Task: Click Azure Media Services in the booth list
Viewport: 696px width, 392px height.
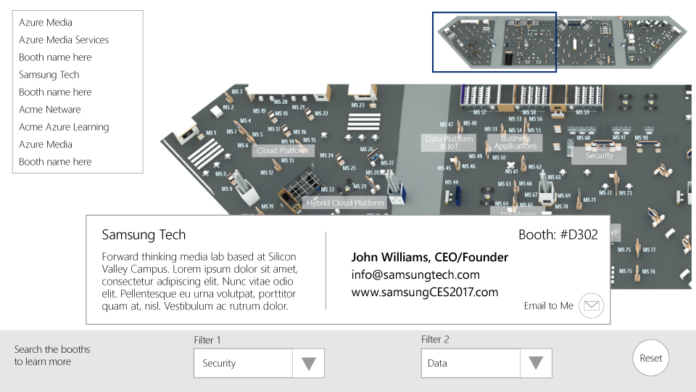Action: click(64, 40)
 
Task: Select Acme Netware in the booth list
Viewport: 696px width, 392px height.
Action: click(50, 110)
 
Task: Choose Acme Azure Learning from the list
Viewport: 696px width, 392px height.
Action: click(64, 127)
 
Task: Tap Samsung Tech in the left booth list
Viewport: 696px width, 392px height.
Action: click(49, 75)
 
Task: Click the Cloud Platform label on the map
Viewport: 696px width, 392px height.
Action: click(283, 151)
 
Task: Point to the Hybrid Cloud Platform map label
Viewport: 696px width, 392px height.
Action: click(345, 203)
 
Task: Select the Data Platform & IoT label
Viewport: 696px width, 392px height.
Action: click(449, 142)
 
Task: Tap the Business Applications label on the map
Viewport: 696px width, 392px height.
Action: click(515, 142)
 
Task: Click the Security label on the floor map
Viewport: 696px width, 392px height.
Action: click(600, 155)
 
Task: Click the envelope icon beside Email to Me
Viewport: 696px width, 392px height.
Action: click(592, 306)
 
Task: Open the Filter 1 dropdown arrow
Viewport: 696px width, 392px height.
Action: click(309, 364)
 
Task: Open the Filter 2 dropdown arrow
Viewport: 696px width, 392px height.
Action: click(536, 364)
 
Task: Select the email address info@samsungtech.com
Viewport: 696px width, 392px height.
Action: click(415, 275)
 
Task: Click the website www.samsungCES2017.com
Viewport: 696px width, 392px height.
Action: click(425, 293)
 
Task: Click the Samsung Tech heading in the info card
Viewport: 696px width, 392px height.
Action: click(144, 235)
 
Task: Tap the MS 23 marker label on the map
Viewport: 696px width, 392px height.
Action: click(357, 105)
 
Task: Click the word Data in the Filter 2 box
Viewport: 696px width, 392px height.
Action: click(437, 364)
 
